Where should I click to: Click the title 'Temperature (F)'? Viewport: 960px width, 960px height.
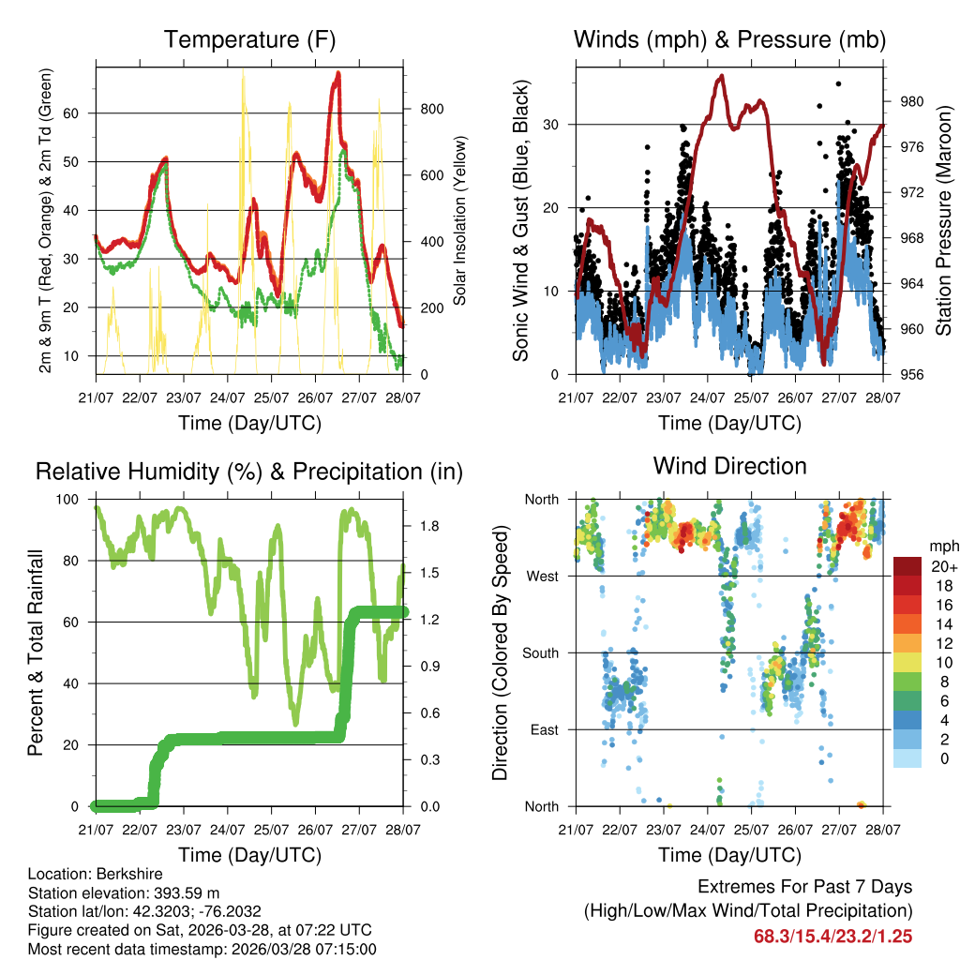click(x=249, y=39)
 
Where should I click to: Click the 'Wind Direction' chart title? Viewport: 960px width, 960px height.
click(x=729, y=466)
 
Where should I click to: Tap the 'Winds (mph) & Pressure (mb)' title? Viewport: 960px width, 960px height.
click(x=729, y=39)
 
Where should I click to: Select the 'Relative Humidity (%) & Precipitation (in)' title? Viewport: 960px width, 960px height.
click(x=249, y=472)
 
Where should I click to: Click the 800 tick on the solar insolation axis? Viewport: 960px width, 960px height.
click(x=431, y=109)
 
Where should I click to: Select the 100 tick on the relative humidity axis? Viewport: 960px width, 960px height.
click(x=74, y=500)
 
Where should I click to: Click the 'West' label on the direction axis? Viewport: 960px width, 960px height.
click(x=542, y=577)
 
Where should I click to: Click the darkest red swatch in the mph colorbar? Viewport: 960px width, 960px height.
click(x=908, y=566)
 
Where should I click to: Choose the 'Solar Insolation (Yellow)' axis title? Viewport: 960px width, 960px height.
click(x=460, y=220)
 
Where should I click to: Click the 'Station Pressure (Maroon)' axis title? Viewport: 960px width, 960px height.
click(x=943, y=220)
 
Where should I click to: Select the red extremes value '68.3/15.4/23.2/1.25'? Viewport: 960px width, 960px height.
click(x=832, y=936)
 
